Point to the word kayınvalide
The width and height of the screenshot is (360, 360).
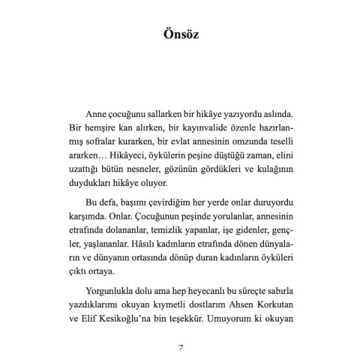[x=202, y=129]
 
